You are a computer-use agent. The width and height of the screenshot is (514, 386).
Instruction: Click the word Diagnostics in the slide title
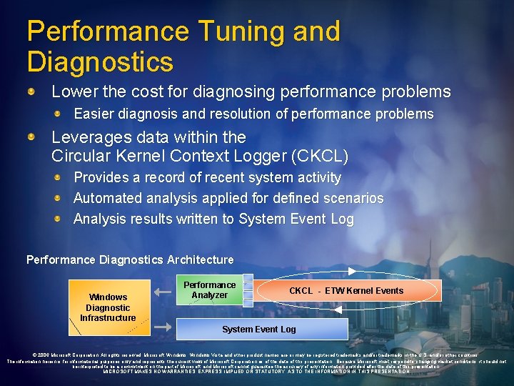(x=100, y=61)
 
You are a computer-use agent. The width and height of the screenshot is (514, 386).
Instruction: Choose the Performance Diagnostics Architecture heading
(x=130, y=259)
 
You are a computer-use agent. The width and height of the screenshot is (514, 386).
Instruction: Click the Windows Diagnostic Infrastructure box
(x=108, y=307)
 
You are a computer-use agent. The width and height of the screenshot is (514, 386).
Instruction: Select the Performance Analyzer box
(x=209, y=289)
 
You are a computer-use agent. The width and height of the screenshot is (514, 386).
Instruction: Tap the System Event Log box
(x=258, y=329)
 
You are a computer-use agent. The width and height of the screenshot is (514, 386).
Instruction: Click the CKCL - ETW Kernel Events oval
(x=346, y=291)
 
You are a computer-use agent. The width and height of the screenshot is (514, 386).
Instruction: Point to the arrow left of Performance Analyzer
(x=163, y=289)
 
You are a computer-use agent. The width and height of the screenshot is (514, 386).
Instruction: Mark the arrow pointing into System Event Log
(x=163, y=327)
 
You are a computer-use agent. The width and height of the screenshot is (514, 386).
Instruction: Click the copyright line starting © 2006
(x=256, y=355)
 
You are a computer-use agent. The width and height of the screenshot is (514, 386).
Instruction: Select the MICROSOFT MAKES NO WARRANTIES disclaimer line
(x=256, y=372)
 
